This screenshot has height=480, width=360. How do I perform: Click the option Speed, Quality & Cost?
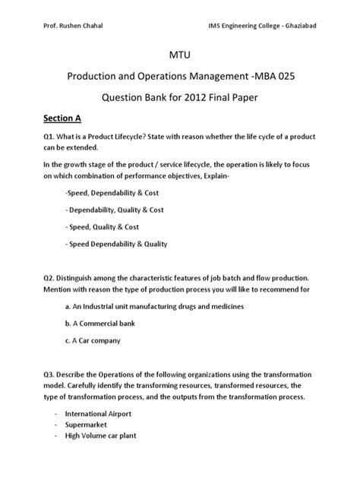click(104, 227)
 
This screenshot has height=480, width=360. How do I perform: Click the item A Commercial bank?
click(103, 324)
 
